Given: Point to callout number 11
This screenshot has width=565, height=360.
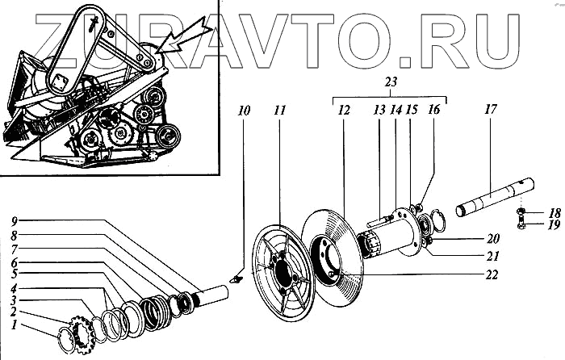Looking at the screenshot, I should pyautogui.click(x=278, y=108).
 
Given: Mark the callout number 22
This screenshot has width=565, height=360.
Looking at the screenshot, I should pyautogui.click(x=492, y=274).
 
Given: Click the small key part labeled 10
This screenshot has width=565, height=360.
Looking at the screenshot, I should pyautogui.click(x=235, y=277).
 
